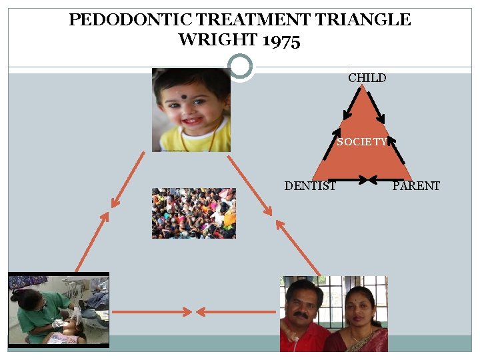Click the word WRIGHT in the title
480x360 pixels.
218,41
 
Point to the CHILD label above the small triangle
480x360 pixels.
367,78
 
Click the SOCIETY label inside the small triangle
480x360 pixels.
361,142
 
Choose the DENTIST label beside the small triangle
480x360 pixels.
310,186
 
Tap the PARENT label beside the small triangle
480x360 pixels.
416,186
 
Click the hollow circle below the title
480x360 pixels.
240,67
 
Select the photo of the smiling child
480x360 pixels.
191,110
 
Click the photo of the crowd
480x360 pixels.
193,213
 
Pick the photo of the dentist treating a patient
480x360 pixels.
58,310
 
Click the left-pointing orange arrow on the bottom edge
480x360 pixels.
233,311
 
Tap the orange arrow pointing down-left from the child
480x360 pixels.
128,179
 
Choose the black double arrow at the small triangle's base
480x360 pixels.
363,179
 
